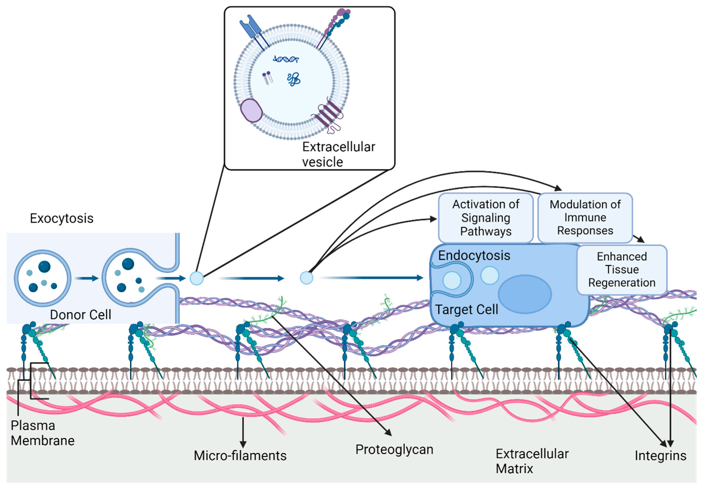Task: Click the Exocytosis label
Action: pos(61,219)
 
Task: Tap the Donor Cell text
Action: pos(80,315)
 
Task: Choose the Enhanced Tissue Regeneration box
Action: pos(622,270)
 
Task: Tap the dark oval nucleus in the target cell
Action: pos(525,294)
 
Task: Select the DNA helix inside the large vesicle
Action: pos(286,59)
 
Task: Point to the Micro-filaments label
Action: pos(240,456)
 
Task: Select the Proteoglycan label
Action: pos(394,449)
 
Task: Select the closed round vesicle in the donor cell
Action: pos(43,278)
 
